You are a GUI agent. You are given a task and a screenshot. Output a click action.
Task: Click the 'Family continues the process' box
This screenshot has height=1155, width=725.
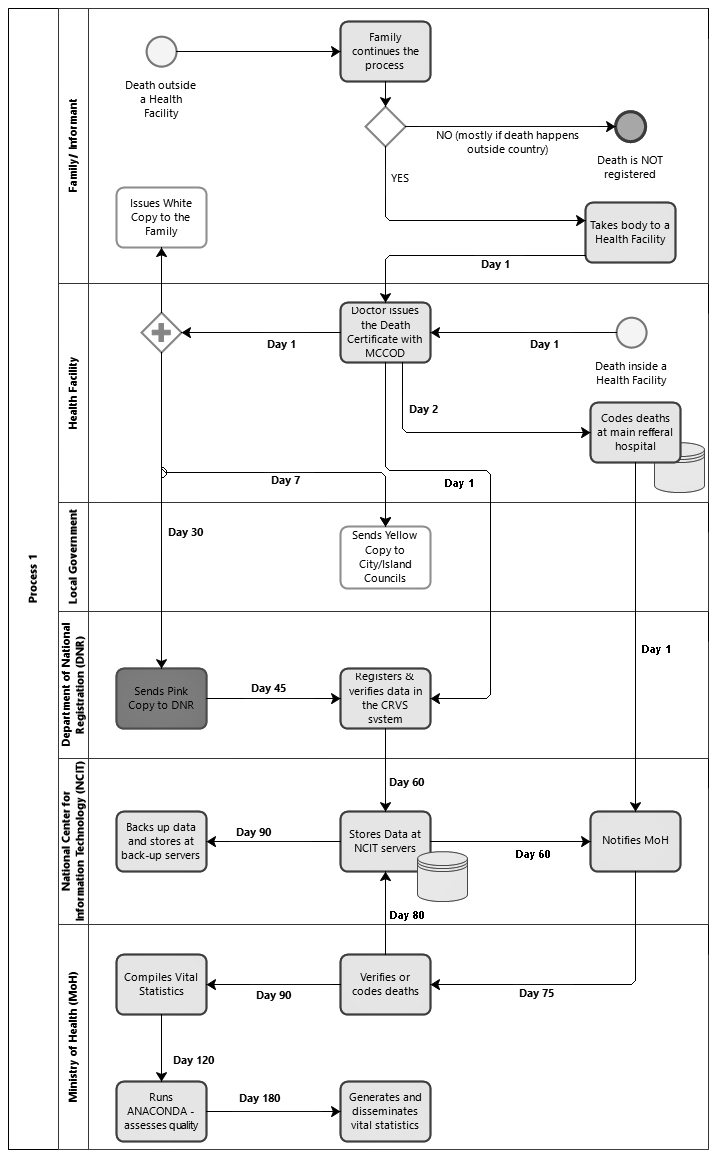pos(385,52)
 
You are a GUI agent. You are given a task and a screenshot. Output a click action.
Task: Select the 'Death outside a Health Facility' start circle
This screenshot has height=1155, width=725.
pos(161,52)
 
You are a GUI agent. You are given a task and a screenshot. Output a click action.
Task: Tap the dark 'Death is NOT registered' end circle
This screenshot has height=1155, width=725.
pos(630,127)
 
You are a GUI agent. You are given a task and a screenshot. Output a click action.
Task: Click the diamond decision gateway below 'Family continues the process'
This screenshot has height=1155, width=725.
pos(385,127)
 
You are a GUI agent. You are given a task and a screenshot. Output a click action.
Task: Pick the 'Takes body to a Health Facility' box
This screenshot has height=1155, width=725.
pos(630,233)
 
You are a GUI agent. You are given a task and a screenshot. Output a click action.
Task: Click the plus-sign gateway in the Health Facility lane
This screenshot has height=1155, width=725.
pos(161,332)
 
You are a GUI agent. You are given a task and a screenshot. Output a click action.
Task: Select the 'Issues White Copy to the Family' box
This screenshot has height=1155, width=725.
pos(161,217)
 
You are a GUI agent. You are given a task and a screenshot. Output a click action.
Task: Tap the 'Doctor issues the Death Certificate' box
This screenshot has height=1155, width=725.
pos(385,332)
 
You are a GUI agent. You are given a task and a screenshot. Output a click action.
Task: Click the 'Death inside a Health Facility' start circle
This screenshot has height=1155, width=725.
pos(631,332)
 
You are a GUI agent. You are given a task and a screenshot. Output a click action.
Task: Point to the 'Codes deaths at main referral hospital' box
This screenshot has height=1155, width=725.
pos(635,432)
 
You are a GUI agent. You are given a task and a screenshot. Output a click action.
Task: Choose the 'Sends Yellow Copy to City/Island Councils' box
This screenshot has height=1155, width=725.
pos(385,557)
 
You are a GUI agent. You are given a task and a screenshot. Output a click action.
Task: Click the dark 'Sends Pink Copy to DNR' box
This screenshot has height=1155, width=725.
pos(161,698)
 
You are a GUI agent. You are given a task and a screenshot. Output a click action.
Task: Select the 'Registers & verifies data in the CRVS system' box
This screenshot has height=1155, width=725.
pos(385,698)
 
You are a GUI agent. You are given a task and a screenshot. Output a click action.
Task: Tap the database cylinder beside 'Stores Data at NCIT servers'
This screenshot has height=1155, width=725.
pos(442,876)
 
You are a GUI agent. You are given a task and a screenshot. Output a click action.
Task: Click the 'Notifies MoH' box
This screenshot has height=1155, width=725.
pos(635,841)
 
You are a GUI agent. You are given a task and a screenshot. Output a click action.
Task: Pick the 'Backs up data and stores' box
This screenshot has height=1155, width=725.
pos(161,841)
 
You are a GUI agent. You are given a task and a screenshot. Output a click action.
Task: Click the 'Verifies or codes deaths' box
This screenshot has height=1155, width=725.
pos(385,984)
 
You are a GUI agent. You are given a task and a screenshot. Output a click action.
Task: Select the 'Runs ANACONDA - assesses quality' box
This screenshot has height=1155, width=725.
pos(161,1112)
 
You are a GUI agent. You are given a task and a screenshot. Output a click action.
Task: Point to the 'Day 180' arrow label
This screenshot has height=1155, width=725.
pos(259,1098)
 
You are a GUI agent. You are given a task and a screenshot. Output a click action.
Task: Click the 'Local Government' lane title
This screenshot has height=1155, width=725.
pos(73,557)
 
